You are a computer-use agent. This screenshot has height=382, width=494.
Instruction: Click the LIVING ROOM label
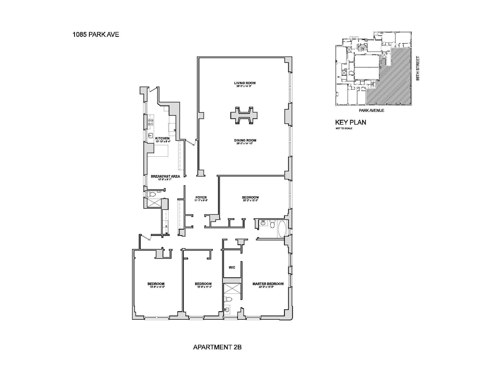tap(245, 83)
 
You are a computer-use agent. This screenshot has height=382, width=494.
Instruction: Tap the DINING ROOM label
tap(245, 140)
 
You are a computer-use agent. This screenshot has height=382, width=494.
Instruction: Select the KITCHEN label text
tap(162, 138)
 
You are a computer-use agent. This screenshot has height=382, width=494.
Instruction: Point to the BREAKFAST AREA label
tap(165, 176)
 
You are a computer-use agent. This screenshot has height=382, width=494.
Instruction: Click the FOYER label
tap(201, 197)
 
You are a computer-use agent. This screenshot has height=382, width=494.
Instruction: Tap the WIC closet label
tap(232, 267)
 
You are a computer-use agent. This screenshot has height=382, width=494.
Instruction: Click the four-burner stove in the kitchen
tap(151, 122)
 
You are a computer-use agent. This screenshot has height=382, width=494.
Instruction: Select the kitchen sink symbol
tap(151, 135)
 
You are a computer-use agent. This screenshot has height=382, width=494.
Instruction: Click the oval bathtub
tap(282, 229)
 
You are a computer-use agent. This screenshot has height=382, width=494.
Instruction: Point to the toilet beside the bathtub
tap(272, 224)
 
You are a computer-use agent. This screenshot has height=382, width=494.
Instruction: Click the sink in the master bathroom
tap(227, 310)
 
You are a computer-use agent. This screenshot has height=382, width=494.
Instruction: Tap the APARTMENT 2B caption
tap(217, 347)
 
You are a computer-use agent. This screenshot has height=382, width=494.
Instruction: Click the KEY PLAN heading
tap(351, 122)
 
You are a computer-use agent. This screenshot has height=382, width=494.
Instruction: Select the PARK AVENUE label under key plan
tap(371, 110)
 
